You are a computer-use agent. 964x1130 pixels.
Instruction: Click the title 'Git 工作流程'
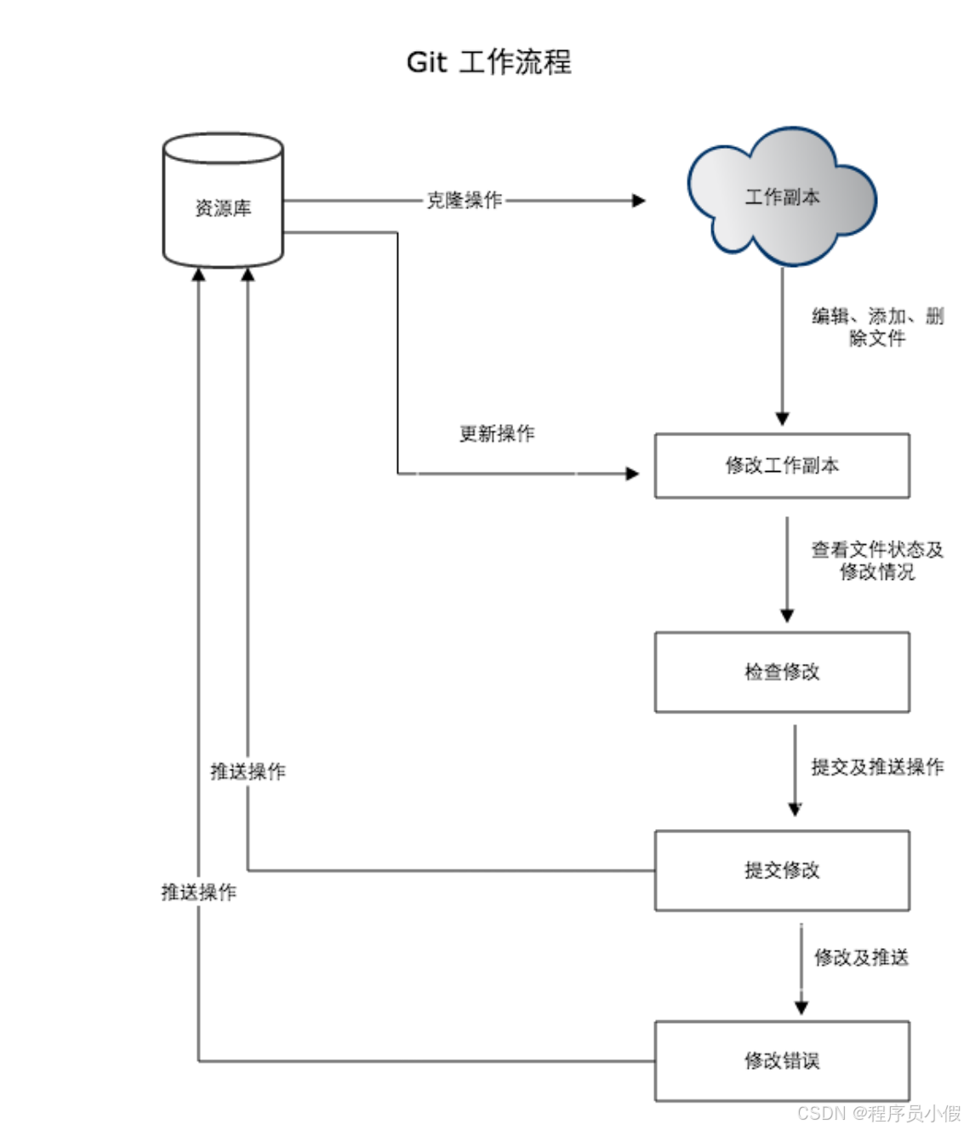point(488,62)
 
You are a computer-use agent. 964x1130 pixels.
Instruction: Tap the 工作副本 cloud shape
point(782,198)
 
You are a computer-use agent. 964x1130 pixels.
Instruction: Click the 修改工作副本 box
point(782,466)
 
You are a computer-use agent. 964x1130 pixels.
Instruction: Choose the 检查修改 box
point(782,672)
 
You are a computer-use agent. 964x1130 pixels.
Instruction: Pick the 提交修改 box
point(782,871)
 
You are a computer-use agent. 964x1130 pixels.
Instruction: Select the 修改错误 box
point(782,1061)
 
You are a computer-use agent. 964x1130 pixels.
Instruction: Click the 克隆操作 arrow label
point(465,201)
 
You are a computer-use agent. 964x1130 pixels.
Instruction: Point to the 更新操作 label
point(497,434)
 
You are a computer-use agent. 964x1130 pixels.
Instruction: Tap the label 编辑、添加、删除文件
point(877,327)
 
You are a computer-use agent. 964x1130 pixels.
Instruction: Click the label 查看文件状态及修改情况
point(877,560)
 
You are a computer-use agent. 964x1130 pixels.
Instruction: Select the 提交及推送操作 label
point(877,767)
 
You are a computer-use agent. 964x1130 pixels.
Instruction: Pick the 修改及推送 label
point(861,957)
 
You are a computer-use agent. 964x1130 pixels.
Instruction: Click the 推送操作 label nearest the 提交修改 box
point(248,771)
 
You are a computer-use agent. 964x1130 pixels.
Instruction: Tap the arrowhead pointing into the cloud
point(639,201)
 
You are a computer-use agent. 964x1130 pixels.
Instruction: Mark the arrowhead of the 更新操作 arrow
point(632,474)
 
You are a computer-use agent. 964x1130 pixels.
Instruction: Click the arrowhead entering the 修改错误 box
point(801,1008)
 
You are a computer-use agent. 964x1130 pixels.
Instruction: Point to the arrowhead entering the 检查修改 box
point(787,616)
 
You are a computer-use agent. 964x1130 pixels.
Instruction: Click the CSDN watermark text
point(878,1113)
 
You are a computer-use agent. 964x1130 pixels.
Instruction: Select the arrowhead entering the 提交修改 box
point(795,809)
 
